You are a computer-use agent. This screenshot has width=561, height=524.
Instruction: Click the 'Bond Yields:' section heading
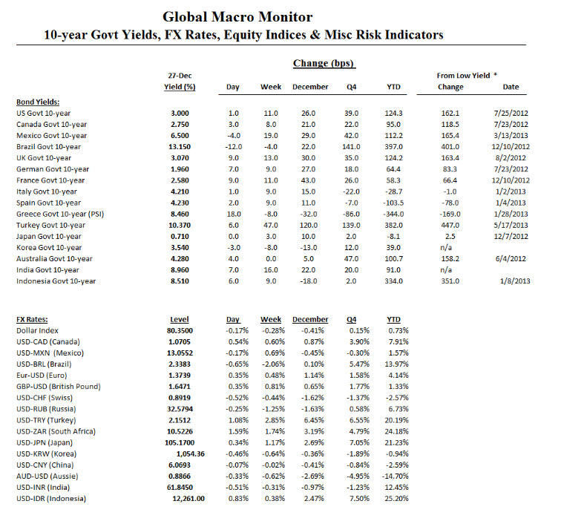tap(38, 102)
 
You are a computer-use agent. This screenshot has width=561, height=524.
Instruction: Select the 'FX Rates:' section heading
tap(33, 319)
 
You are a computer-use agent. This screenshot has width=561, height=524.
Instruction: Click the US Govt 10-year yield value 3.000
tap(180, 113)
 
